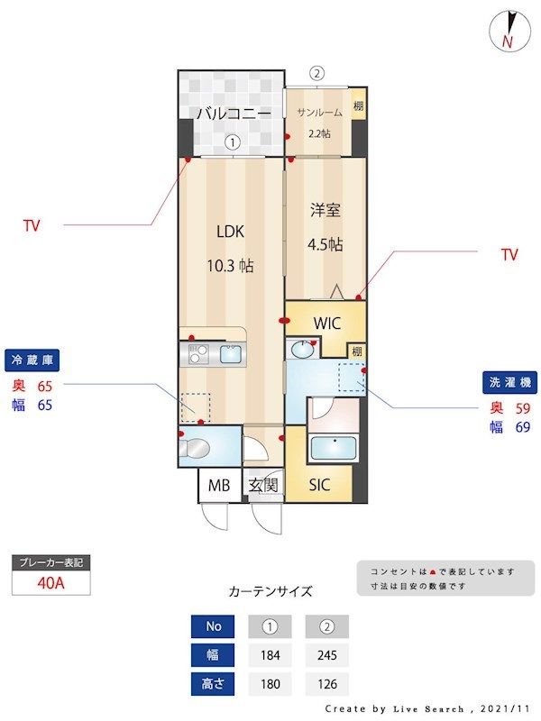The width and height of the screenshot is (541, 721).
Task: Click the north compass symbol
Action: click(507, 30)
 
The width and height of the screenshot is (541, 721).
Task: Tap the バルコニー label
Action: click(234, 114)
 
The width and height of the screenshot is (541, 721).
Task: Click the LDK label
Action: click(231, 231)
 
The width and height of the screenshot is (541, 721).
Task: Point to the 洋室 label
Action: click(325, 211)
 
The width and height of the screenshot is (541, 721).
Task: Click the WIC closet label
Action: click(326, 323)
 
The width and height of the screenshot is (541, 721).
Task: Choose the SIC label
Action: click(319, 486)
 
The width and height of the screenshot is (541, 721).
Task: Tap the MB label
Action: click(219, 486)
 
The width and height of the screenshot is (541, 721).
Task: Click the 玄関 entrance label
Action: click(263, 486)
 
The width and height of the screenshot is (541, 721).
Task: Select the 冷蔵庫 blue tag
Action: click(31, 360)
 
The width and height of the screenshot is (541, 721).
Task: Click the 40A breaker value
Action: click(50, 582)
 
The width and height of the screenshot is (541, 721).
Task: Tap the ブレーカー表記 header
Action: click(50, 563)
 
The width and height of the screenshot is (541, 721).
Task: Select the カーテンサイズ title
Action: click(270, 592)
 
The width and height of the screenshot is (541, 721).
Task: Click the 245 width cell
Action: click(326, 655)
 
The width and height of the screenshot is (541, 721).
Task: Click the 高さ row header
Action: click(213, 684)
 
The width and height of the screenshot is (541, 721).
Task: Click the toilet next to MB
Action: click(198, 448)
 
